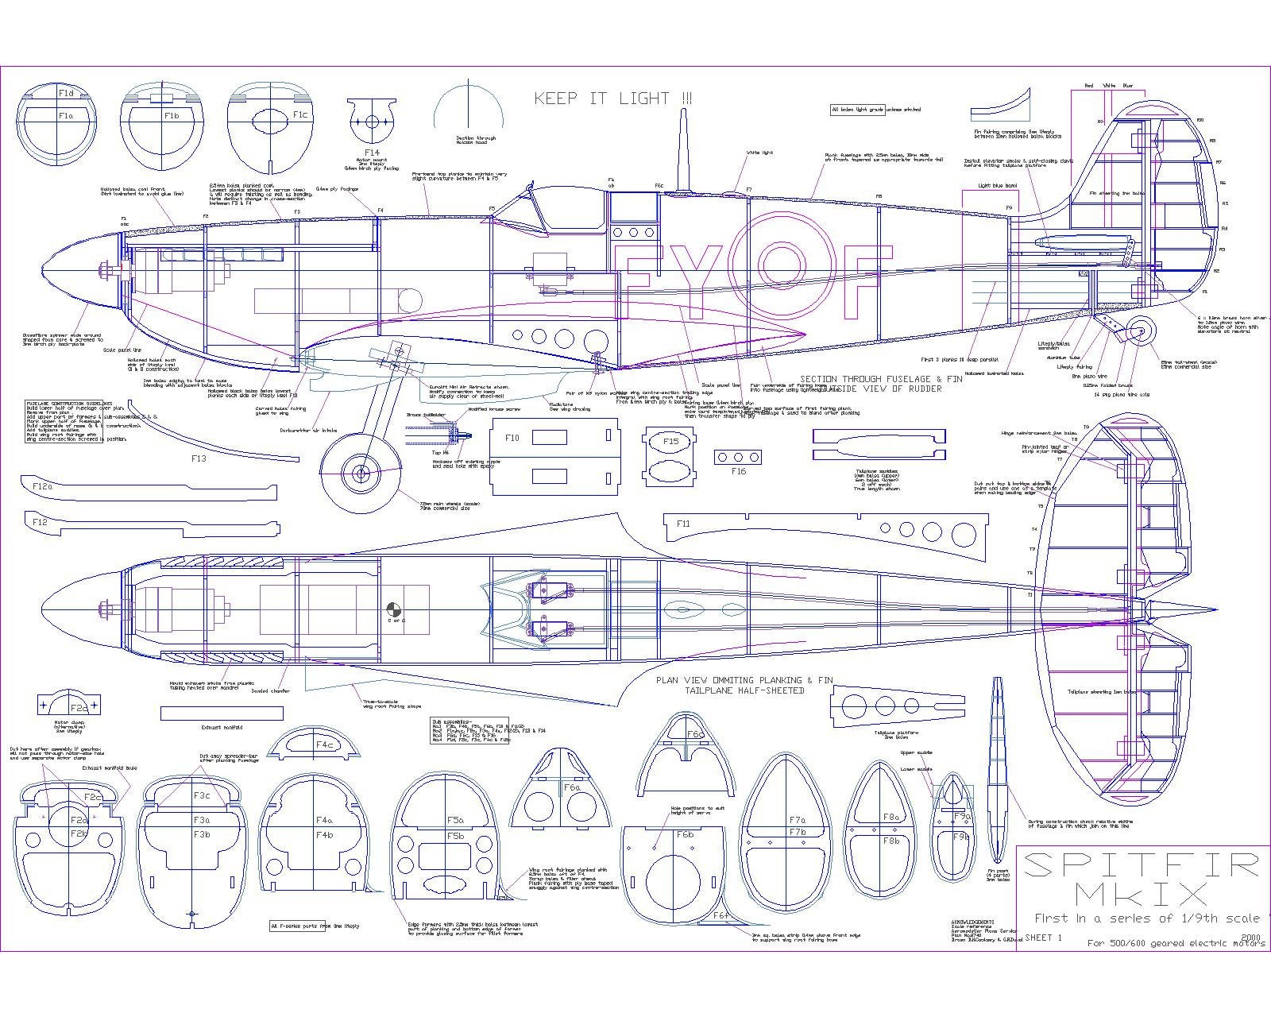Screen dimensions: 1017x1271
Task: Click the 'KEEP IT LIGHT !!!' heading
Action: [x=612, y=99]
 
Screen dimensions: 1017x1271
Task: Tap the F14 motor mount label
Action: [x=372, y=152]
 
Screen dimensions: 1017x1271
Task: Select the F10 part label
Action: [x=512, y=438]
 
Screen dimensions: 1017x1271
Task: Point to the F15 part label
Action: [x=671, y=442]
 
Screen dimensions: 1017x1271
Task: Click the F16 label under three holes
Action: [x=739, y=472]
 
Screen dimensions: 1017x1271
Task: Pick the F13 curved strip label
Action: [x=198, y=459]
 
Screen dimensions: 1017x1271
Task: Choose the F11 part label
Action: [x=683, y=524]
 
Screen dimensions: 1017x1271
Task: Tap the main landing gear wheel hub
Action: [x=361, y=474]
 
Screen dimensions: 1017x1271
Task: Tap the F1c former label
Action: [x=299, y=115]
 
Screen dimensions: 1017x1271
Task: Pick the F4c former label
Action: [x=323, y=745]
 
